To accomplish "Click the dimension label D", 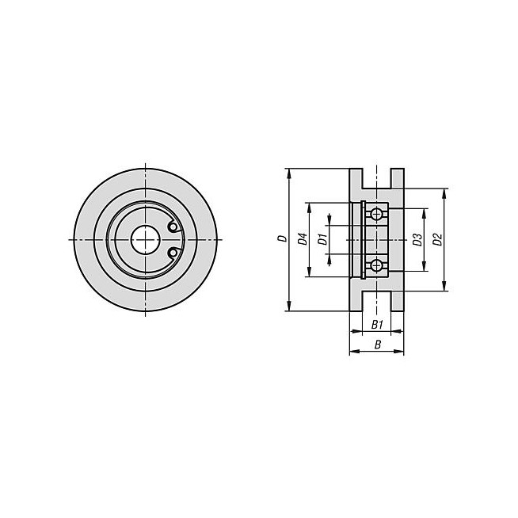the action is [283, 238].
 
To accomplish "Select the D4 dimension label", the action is [303, 239].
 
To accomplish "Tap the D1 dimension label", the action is [322, 239].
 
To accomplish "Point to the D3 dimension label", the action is [417, 239].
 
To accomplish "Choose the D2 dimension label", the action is [437, 239].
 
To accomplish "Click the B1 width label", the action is [377, 325].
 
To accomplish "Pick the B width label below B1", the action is [378, 345].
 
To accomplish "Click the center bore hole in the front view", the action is [146, 239].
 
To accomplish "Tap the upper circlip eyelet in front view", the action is [173, 227].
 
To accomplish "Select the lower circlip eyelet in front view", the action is [173, 253].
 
